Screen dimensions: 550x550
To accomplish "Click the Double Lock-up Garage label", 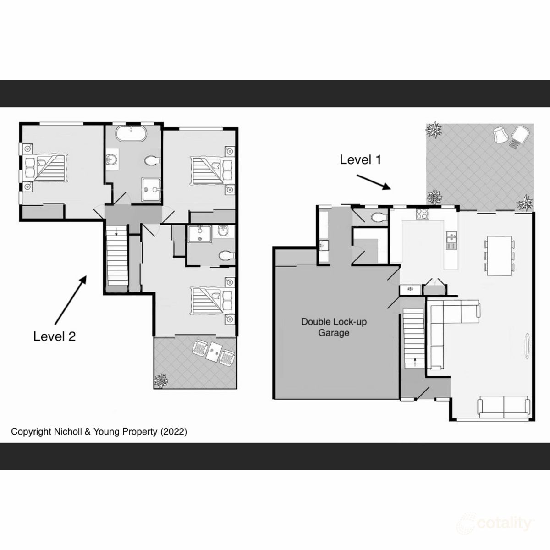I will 334,327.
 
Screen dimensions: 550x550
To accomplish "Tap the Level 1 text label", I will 360,159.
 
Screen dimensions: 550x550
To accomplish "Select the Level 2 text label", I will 55,336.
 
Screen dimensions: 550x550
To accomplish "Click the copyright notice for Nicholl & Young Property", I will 99,431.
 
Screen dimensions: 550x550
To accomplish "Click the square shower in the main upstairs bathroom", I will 152,190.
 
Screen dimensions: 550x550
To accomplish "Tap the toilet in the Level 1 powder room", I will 379,217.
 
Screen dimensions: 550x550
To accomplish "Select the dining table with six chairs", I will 499,255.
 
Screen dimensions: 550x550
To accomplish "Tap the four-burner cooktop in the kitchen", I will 422,213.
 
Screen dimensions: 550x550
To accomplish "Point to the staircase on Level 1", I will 414,337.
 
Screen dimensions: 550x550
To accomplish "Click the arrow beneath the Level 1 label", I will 373,181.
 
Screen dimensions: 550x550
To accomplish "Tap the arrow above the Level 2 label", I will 70,300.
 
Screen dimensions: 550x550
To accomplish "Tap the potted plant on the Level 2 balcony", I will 161,380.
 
